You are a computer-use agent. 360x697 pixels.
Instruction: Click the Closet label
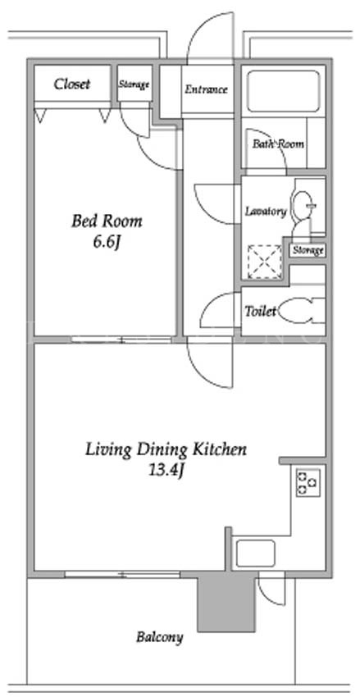point(72,84)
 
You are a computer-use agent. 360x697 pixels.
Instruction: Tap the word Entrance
point(206,89)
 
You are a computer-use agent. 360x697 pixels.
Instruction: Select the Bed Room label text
point(107,221)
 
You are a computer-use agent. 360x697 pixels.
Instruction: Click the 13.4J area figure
point(166,471)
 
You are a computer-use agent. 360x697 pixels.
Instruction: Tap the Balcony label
point(160,637)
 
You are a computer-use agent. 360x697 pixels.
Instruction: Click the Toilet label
point(261,311)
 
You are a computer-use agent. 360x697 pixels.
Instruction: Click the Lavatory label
point(266,212)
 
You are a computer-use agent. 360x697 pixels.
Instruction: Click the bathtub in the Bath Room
point(283,91)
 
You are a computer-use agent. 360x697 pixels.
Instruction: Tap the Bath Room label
point(278,144)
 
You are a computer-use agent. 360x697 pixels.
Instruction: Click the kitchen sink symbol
point(255,553)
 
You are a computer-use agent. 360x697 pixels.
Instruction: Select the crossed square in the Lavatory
point(265,262)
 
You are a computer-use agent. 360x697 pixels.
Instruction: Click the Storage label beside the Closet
point(134,84)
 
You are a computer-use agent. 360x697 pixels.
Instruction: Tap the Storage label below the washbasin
point(308,251)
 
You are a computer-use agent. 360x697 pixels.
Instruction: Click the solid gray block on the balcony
point(226,601)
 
